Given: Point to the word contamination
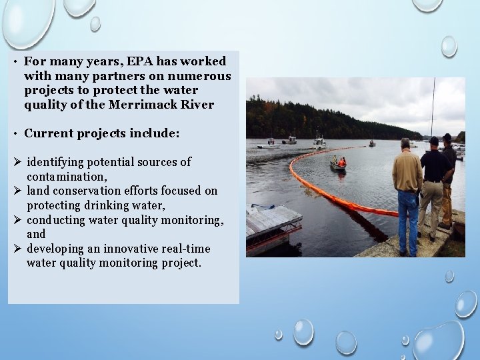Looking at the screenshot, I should coord(65,177).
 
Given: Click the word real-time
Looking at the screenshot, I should coord(185,249).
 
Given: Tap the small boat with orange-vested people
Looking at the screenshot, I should coord(339,165).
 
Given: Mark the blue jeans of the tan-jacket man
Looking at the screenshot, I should coord(407,220).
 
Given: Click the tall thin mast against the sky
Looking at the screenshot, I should coord(433,107).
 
